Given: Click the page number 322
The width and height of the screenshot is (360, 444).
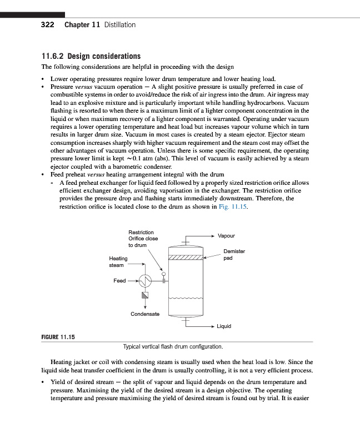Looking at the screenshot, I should pyautogui.click(x=48, y=24).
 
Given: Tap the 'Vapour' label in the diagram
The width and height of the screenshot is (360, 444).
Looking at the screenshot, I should pyautogui.click(x=226, y=236).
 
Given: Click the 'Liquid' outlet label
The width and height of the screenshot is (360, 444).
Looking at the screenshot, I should pyautogui.click(x=224, y=326).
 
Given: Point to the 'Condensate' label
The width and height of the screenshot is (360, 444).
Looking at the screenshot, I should pyautogui.click(x=145, y=314).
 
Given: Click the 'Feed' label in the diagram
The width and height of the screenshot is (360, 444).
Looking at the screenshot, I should pyautogui.click(x=119, y=281).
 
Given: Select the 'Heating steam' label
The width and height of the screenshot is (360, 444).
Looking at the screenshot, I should pyautogui.click(x=118, y=262).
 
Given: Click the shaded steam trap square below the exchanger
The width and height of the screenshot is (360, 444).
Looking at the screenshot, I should pyautogui.click(x=145, y=295).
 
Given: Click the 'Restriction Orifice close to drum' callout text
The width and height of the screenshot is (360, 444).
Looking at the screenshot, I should pyautogui.click(x=143, y=238).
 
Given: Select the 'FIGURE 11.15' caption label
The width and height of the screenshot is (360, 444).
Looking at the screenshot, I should pyautogui.click(x=58, y=336).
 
